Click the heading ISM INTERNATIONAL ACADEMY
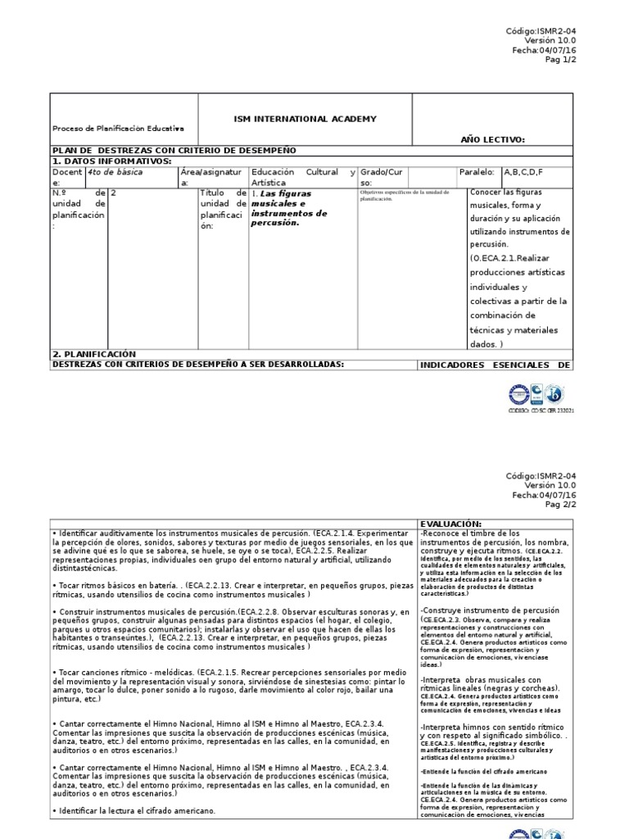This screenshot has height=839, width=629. (x=305, y=119)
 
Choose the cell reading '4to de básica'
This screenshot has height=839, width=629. (x=114, y=173)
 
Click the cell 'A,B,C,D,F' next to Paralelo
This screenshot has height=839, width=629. (x=523, y=173)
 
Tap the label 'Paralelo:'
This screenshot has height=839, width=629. (x=477, y=173)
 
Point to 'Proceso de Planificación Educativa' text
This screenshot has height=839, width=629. (x=118, y=129)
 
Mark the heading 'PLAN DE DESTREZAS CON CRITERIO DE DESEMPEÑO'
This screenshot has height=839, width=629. (x=174, y=151)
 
